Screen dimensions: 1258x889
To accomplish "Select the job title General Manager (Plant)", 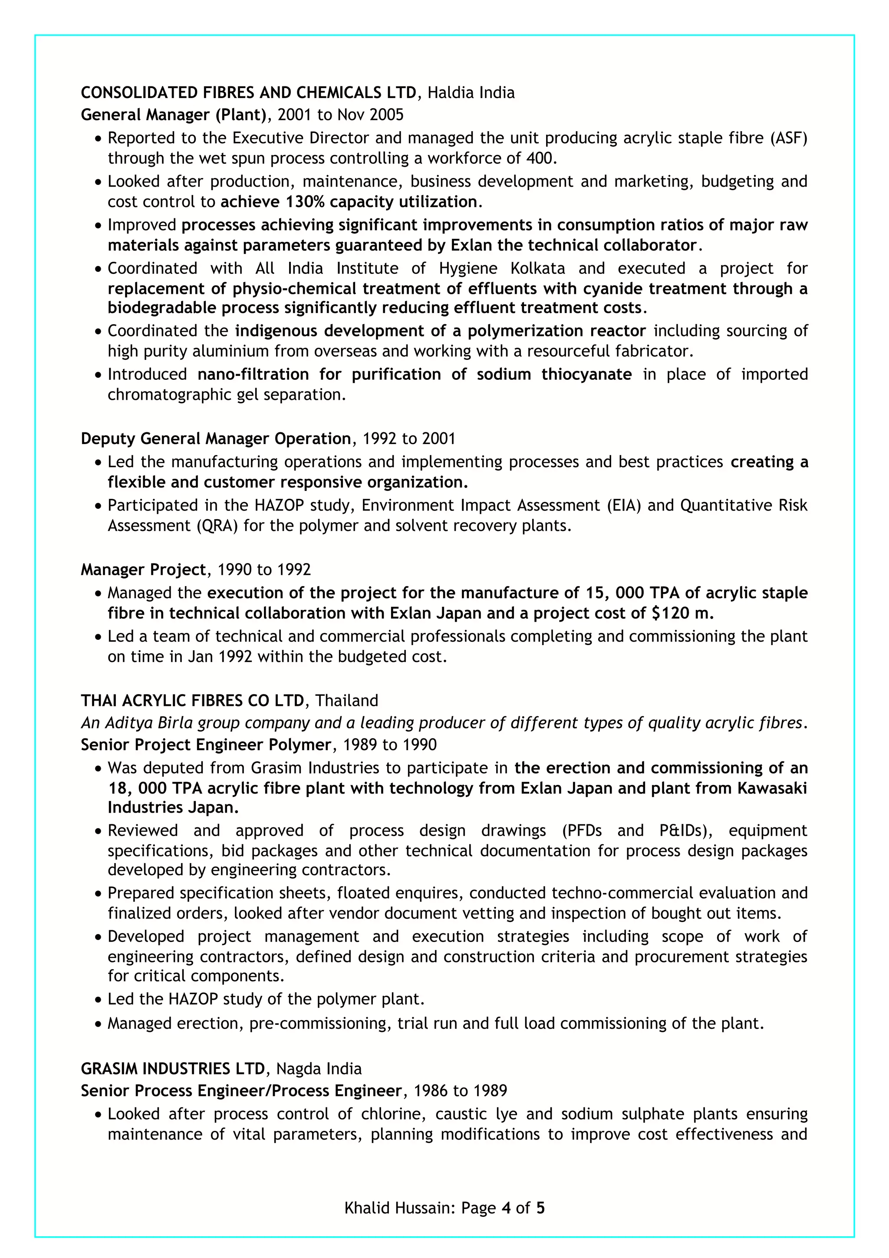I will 174,115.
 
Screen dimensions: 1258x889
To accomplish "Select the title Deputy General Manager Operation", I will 216,438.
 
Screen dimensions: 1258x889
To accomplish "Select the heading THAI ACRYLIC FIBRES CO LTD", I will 192,700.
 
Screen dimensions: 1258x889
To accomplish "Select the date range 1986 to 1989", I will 460,1090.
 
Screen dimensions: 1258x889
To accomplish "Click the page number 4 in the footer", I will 506,1208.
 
